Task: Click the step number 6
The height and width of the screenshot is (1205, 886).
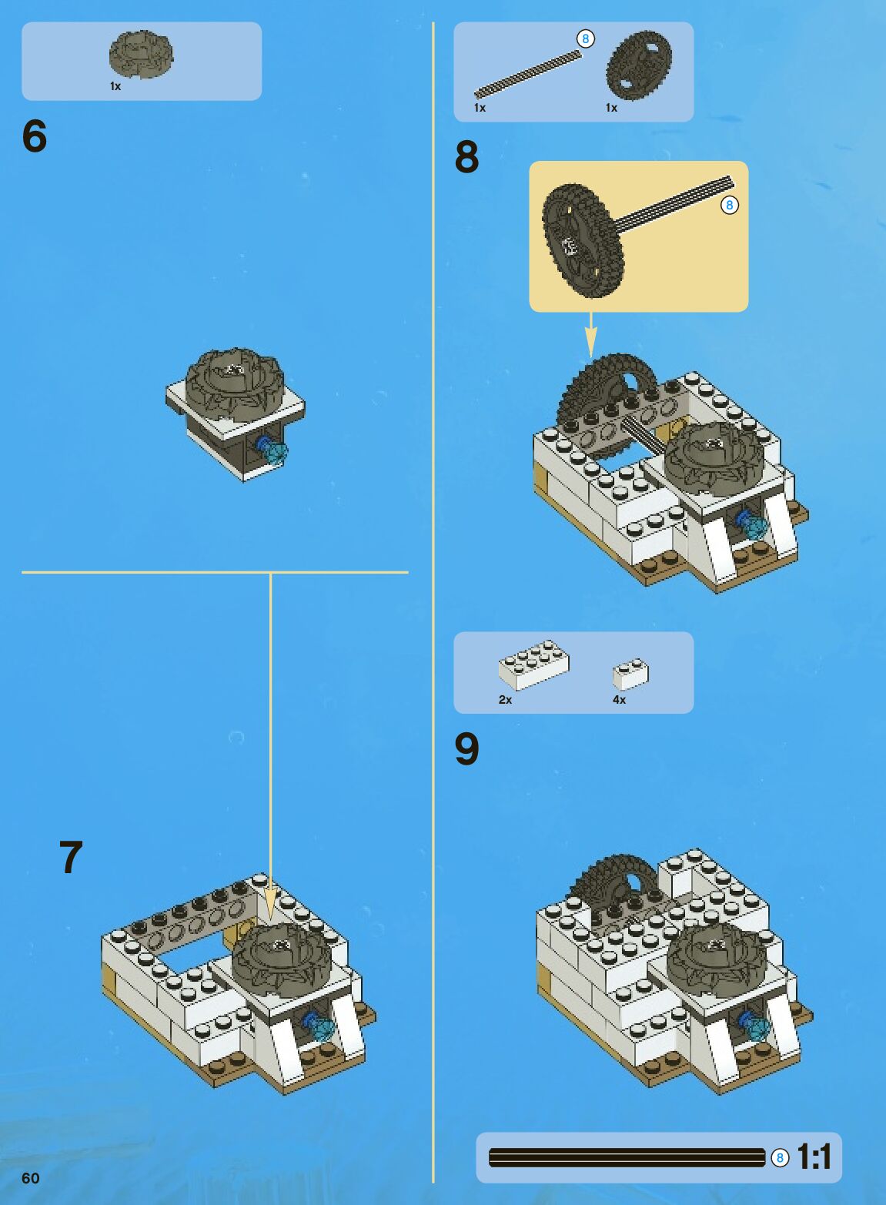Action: click(x=35, y=136)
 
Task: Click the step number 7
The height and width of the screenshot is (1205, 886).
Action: click(x=71, y=858)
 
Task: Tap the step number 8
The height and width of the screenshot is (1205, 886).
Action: click(x=467, y=157)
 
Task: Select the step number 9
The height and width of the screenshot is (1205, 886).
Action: click(x=467, y=749)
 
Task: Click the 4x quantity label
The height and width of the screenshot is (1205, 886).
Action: click(x=619, y=699)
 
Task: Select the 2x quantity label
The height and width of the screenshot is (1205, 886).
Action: click(x=505, y=699)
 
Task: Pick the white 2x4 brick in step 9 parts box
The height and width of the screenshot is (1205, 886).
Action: click(x=533, y=665)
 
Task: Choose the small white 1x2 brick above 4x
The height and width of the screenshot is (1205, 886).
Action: click(x=630, y=674)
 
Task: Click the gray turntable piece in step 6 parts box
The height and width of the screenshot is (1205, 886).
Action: click(x=141, y=55)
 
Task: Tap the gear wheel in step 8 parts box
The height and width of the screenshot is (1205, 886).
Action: click(x=639, y=65)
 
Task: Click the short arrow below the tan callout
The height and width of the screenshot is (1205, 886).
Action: click(x=590, y=335)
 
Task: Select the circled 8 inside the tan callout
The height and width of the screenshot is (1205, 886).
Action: click(x=730, y=205)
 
